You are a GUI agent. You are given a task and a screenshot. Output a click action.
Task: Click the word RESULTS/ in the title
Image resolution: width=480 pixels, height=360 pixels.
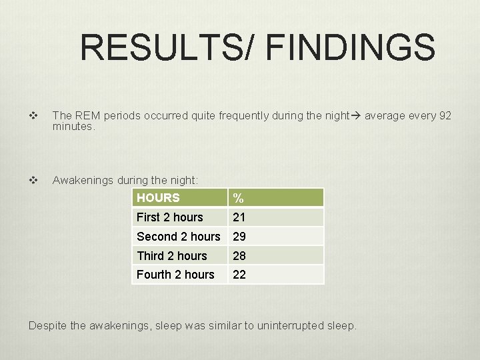click(x=169, y=48)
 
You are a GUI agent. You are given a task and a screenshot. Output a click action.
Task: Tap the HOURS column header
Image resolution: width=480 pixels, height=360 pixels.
click(x=158, y=198)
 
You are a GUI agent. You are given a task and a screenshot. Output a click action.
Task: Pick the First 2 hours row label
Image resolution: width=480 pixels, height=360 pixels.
click(x=169, y=217)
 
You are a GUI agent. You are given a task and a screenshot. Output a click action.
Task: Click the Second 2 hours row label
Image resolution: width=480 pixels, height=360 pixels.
click(x=178, y=237)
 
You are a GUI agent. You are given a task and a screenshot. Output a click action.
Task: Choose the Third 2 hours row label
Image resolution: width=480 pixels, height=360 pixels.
click(x=171, y=256)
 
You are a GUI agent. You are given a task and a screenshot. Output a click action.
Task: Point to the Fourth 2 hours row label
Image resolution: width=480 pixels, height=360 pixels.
click(x=175, y=275)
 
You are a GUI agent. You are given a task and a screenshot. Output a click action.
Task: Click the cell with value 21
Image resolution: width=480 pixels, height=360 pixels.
click(x=239, y=217)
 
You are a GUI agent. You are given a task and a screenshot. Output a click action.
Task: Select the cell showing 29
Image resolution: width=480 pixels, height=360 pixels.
click(x=239, y=237)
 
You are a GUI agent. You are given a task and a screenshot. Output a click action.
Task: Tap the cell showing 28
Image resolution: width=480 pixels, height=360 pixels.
click(x=239, y=256)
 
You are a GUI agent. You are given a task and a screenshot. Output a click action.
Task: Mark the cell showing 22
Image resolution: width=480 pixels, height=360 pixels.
click(x=239, y=275)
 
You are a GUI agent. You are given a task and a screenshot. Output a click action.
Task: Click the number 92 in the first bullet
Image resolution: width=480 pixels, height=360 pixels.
click(x=445, y=116)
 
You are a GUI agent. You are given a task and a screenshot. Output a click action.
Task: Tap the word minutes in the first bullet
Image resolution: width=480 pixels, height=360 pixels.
click(x=73, y=125)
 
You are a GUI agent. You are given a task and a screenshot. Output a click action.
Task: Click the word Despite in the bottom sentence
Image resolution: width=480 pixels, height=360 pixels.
click(x=49, y=326)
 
